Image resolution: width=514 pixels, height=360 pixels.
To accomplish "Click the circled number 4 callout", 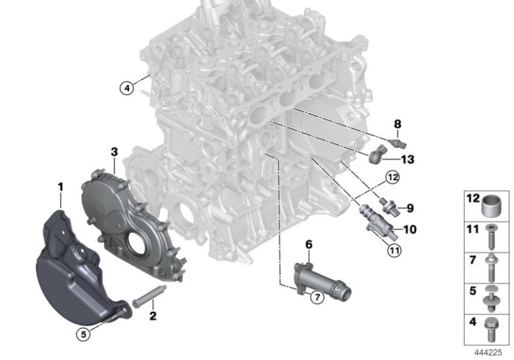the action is [127, 88].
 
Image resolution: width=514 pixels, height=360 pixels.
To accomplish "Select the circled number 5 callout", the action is [83, 334].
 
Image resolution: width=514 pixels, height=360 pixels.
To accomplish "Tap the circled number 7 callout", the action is [317, 297].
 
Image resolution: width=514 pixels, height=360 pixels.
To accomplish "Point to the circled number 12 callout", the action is [392, 177].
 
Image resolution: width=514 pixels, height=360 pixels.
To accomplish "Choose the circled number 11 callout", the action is [394, 251].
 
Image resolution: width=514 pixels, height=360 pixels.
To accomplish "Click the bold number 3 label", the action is [114, 152].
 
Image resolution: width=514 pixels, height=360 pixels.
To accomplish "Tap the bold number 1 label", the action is [60, 187].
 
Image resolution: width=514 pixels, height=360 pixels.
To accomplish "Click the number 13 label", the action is [408, 160].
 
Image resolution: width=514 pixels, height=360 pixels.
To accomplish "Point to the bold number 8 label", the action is [398, 124].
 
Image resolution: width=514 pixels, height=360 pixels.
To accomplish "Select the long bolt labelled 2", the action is [149, 296].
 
